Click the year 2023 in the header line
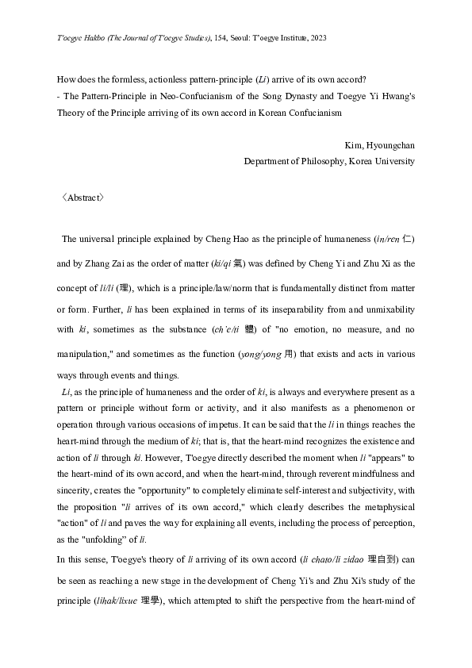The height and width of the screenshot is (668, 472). click(317, 37)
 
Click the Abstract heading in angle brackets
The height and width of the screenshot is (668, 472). click(83, 198)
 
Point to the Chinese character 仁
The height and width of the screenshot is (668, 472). click(408, 239)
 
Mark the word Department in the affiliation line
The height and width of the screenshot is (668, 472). click(270, 161)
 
